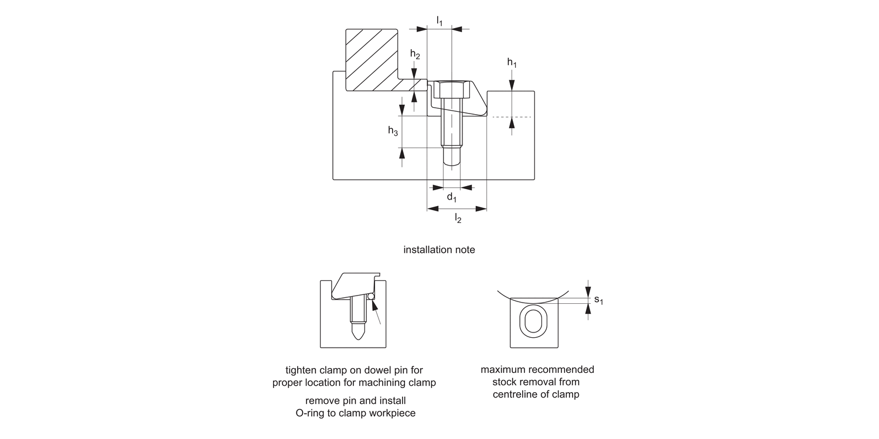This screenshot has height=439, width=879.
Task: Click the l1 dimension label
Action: tap(439, 20)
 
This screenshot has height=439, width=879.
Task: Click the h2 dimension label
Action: tap(415, 54)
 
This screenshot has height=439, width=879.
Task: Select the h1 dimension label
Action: tap(512, 62)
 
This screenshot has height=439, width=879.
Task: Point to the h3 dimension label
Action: tap(393, 131)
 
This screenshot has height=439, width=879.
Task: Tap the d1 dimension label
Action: tap(452, 197)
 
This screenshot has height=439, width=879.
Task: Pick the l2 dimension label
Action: tap(458, 218)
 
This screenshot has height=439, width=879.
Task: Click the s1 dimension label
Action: tap(598, 300)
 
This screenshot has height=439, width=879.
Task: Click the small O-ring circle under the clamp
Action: tap(370, 297)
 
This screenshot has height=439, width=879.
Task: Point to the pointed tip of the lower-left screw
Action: tap(359, 339)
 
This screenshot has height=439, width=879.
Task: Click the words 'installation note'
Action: tap(439, 250)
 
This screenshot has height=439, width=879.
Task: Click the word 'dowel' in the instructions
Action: tap(378, 370)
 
